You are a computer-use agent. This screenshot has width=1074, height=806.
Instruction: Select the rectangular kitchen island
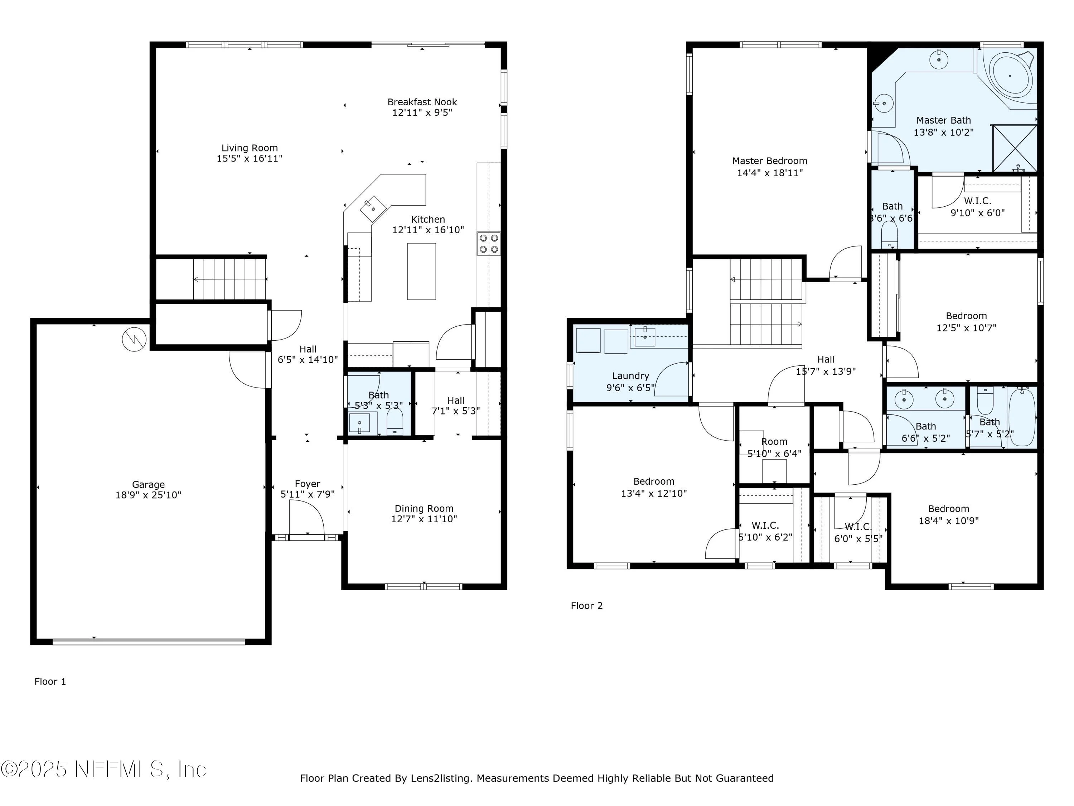click(x=421, y=271)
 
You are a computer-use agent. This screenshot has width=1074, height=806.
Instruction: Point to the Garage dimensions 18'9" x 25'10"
click(x=148, y=495)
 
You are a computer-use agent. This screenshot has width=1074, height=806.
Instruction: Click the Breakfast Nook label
click(x=422, y=102)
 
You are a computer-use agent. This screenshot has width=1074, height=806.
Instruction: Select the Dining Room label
click(x=424, y=509)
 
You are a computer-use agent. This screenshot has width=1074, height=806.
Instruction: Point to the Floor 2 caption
click(x=586, y=606)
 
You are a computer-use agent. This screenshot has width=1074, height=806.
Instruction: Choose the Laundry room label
click(x=630, y=375)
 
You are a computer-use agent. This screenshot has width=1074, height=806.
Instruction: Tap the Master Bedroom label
click(x=770, y=161)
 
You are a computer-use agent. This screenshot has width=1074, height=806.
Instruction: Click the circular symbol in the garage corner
click(x=134, y=340)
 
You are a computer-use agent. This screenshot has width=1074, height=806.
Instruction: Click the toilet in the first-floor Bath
click(x=395, y=421)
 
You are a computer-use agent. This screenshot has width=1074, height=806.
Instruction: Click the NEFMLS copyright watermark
click(x=104, y=769)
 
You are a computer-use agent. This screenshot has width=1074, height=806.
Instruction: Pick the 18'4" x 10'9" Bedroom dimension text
click(x=948, y=521)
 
